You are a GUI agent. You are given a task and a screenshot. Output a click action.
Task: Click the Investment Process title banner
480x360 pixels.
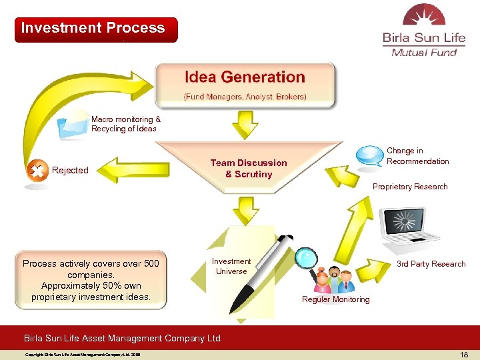[x=96, y=29]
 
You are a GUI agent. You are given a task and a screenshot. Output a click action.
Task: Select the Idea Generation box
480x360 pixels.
[x=245, y=85]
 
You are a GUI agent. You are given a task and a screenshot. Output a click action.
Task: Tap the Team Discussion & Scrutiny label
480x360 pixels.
[x=249, y=168]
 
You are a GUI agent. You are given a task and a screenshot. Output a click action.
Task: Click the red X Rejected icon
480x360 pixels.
[x=36, y=171]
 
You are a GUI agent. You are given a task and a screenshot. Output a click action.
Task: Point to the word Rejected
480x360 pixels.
[x=70, y=171]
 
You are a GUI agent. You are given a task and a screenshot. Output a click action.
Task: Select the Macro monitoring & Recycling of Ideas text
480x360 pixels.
[x=125, y=124]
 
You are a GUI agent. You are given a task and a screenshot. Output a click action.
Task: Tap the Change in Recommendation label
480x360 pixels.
[x=417, y=156]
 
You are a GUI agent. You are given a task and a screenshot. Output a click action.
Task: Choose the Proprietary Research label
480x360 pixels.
[x=410, y=187]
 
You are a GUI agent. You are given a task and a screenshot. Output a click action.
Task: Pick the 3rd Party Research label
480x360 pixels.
[x=431, y=264]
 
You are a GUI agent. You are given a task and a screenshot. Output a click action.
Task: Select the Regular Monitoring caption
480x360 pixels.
[x=335, y=299]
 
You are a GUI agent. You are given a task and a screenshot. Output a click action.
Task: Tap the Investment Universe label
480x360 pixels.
[x=231, y=266]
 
